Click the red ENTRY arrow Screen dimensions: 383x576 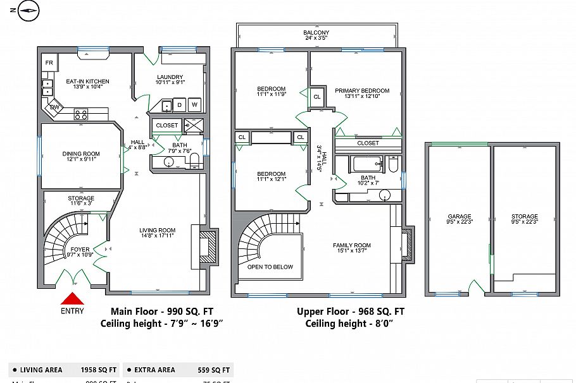coord(72,300)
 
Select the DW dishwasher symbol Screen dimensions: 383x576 coord(55,107)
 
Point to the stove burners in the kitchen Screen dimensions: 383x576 coord(81,114)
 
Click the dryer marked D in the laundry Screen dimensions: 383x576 coord(180,105)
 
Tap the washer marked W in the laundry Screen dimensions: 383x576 coord(195,105)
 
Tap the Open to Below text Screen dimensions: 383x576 coord(270,267)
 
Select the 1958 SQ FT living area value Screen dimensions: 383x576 coord(99,370)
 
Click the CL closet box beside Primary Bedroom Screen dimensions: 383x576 coord(316,97)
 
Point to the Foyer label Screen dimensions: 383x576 coord(80,249)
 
